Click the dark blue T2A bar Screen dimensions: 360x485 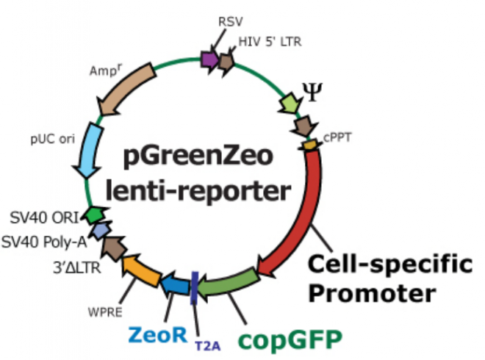click(x=194, y=286)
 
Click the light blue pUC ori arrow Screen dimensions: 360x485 click(x=93, y=150)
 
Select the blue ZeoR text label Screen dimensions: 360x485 click(x=159, y=334)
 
